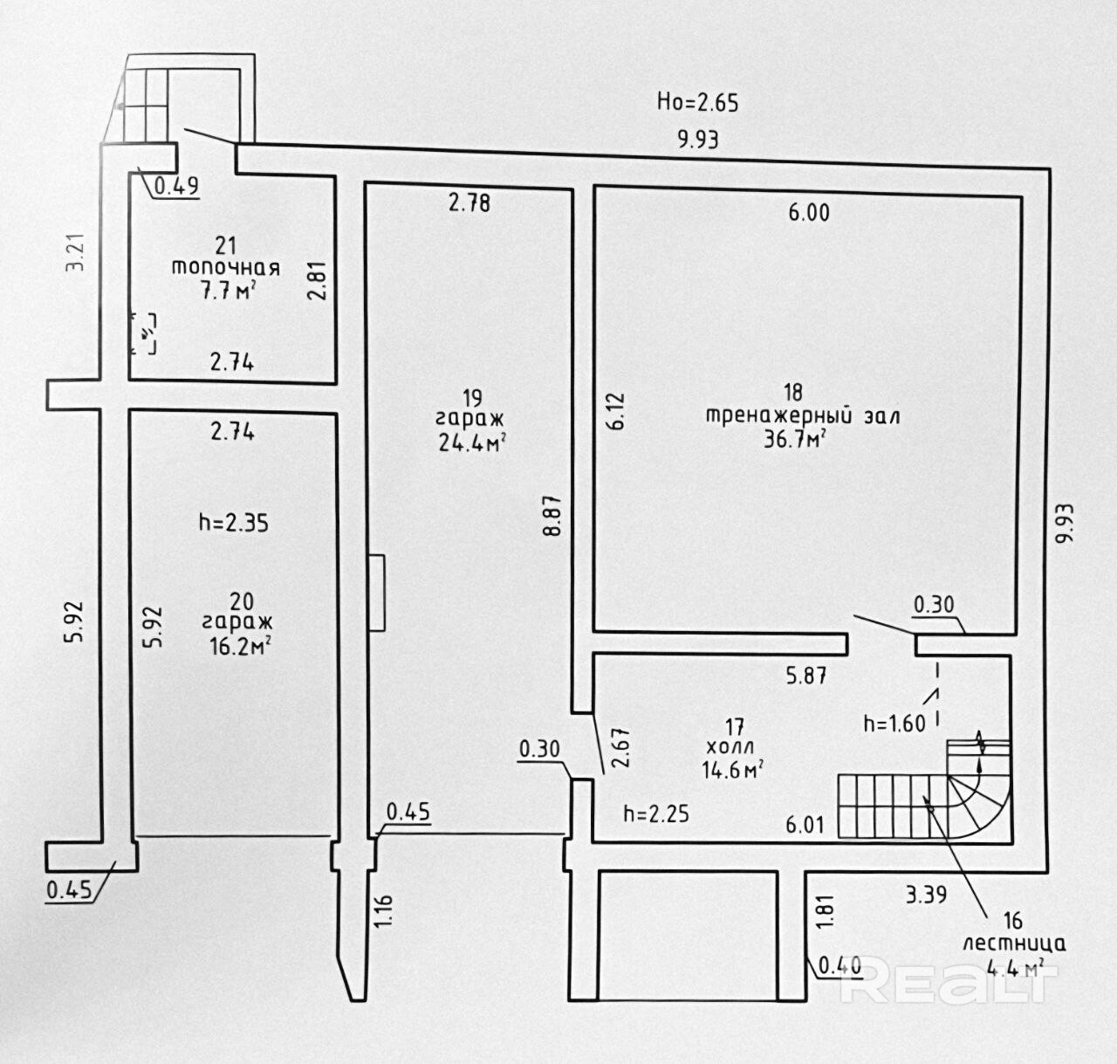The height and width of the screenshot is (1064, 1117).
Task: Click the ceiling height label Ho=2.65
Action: click(697, 102)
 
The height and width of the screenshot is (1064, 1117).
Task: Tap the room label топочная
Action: click(225, 268)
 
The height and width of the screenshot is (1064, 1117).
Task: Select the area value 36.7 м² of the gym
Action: click(795, 438)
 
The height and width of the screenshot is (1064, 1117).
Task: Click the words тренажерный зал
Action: click(802, 415)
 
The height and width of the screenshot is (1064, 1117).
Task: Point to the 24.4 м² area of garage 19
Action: click(473, 443)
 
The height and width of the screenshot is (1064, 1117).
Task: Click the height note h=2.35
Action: click(233, 523)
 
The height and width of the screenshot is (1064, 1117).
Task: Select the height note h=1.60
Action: click(894, 724)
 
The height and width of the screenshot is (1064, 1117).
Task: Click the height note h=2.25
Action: click(656, 813)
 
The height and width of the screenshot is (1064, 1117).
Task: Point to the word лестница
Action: click(1013, 944)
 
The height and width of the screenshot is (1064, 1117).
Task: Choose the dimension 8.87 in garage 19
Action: click(552, 516)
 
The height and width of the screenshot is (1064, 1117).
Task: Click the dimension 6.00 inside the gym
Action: click(809, 212)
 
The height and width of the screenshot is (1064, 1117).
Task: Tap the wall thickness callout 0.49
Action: click(177, 185)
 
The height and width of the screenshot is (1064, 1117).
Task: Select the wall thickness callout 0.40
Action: click(839, 965)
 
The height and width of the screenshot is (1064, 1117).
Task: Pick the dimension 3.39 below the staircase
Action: click(926, 895)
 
